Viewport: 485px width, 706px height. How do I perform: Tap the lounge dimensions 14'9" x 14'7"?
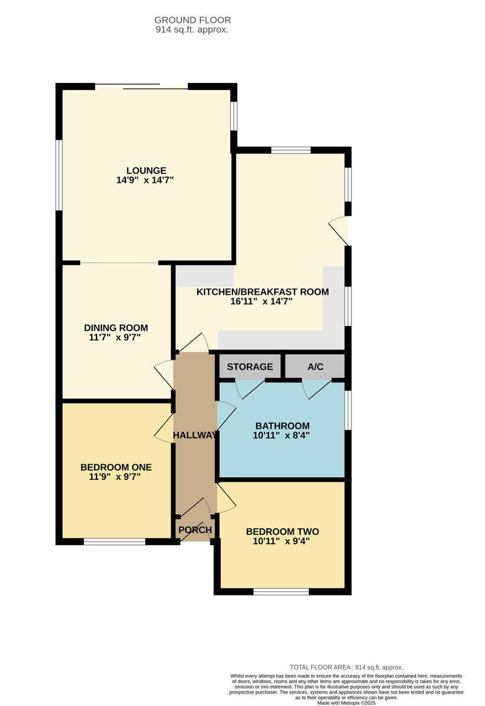coord(145,181)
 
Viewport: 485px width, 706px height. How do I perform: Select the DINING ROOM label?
coord(116,328)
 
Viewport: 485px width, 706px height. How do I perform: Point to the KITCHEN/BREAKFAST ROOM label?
coord(263,291)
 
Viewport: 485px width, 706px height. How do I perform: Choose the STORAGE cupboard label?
coord(250,367)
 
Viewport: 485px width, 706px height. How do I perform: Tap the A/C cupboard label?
coord(315,367)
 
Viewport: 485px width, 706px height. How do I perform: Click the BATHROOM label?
coord(283,426)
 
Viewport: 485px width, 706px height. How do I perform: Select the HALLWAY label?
coord(195,435)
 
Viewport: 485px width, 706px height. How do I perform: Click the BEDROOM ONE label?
coord(116,467)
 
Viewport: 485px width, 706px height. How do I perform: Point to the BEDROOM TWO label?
coord(283,532)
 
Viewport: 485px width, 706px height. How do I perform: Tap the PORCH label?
coord(195,530)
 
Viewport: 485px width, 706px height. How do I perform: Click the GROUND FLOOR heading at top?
coord(192,20)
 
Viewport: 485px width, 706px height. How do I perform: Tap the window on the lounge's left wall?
coord(59,175)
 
